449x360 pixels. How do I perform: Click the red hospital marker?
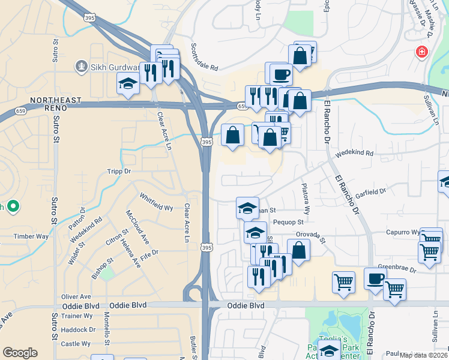point(424,52)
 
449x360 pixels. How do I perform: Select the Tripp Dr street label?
point(118,172)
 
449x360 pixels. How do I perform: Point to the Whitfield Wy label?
point(156,202)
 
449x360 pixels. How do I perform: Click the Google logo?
point(20,353)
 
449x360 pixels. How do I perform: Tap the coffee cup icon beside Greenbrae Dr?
point(375,279)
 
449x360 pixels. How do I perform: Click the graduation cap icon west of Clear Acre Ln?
point(128,84)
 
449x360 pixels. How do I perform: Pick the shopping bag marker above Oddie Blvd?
point(298,250)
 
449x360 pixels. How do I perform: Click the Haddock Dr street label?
point(79,329)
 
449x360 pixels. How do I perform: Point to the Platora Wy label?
point(305,199)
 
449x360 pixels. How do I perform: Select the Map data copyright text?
point(423,355)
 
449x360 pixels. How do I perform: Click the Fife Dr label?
point(149,253)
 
